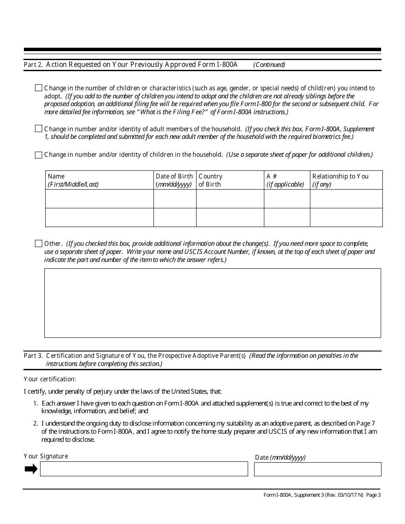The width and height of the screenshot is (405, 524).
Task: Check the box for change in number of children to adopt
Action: pos(38,88)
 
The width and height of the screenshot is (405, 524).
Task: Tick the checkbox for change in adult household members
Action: pos(38,129)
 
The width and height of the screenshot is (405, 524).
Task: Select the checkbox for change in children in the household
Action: pos(38,155)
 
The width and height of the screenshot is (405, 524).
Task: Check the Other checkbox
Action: pos(38,244)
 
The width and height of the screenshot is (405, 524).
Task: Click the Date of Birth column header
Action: pos(174,180)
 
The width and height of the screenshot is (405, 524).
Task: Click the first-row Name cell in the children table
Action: pos(99,199)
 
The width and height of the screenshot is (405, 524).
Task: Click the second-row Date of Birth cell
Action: pos(174,217)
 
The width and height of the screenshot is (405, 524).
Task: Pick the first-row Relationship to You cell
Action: pos(346,199)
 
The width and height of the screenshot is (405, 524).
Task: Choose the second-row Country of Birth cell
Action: pos(230,217)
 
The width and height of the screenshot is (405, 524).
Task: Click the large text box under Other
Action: pos(212,303)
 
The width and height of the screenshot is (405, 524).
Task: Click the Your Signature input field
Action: pos(144,469)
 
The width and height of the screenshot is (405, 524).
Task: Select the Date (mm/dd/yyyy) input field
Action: pos(318,469)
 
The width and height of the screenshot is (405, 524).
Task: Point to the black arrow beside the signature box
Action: pos(31,469)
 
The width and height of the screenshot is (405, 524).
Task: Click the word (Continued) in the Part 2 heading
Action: pos(269,65)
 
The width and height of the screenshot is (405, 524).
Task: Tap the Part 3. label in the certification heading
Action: pos(33,355)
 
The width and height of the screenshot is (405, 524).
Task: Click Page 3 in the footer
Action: pos(373,495)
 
